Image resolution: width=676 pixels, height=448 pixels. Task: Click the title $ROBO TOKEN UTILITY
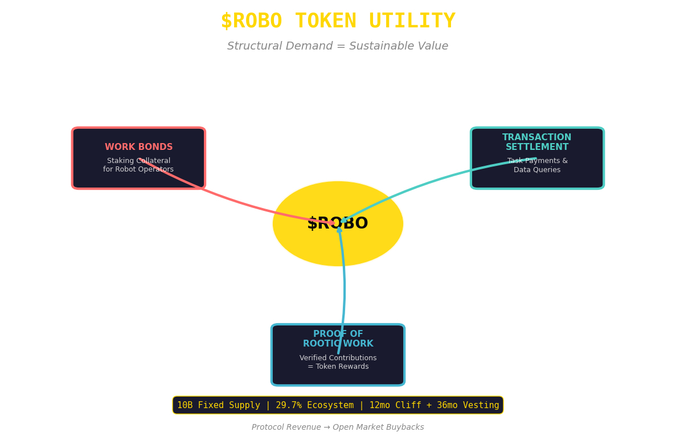(x=338, y=21)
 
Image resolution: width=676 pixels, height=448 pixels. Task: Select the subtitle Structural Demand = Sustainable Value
(x=338, y=46)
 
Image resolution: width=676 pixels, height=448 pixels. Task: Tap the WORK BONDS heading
(x=138, y=147)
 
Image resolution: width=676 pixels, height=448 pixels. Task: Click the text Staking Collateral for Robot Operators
(x=138, y=165)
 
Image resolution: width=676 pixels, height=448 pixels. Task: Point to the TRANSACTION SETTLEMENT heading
(x=536, y=142)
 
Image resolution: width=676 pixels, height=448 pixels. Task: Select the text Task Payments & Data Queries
(x=537, y=165)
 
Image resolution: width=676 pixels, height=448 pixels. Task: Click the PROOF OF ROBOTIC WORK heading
(x=338, y=339)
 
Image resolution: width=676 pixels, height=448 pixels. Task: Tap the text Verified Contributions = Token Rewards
(x=338, y=363)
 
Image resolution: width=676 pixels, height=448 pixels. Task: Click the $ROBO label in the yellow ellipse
(x=338, y=224)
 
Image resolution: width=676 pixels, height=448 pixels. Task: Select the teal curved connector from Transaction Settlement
(x=433, y=179)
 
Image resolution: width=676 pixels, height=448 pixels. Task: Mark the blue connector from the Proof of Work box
(x=344, y=285)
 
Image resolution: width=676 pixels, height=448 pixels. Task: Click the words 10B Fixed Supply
(x=218, y=405)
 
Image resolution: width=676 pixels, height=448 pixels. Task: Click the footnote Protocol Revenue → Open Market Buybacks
(x=338, y=427)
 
